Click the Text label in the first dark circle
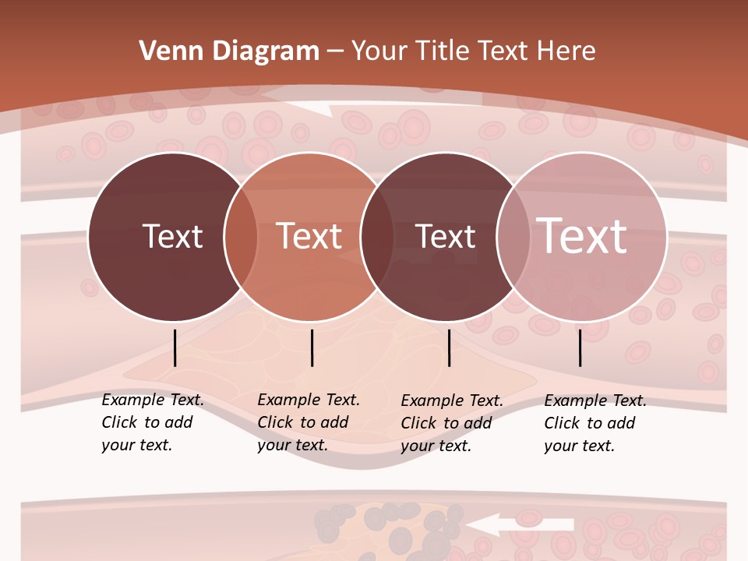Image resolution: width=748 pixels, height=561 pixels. [x=172, y=236]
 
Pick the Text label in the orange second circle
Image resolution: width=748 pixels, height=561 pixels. [x=309, y=236]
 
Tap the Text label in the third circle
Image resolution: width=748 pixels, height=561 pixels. [x=445, y=236]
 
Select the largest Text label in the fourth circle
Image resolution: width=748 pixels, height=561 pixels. [x=582, y=236]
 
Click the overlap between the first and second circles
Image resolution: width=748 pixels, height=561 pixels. [x=241, y=237]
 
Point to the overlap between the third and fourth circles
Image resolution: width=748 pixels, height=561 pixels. [x=513, y=237]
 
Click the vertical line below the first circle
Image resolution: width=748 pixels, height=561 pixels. [x=175, y=348]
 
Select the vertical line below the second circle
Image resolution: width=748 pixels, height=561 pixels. [x=312, y=348]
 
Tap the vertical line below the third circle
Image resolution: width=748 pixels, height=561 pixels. [x=449, y=348]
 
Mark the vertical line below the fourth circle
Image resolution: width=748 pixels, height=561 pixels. [x=580, y=348]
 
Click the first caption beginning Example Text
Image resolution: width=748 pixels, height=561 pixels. [x=153, y=422]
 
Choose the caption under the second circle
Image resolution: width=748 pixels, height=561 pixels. [x=309, y=422]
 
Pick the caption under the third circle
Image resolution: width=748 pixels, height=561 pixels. [x=452, y=423]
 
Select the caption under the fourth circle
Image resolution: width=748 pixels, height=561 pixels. [x=595, y=423]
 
